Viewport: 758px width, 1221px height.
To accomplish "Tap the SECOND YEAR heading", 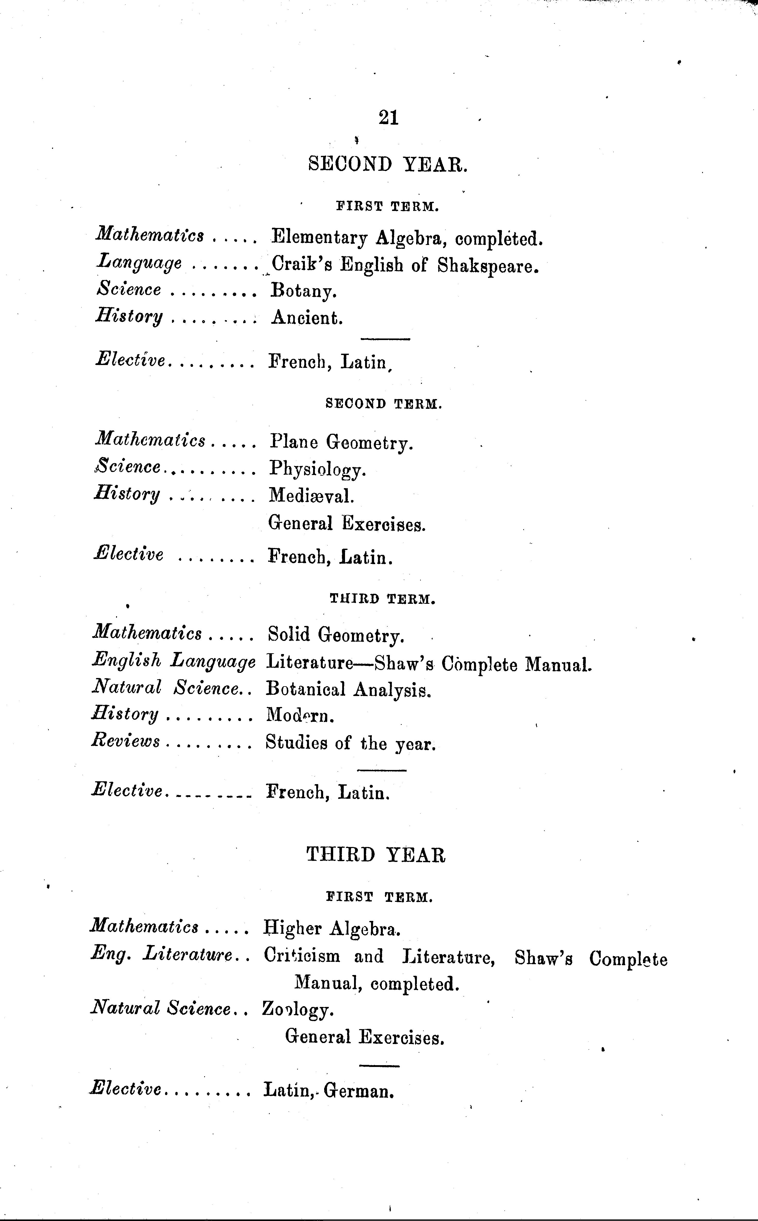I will click(x=387, y=164).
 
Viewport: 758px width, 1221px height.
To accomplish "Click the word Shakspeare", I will click(x=488, y=265).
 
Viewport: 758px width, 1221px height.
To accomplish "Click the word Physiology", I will click(x=318, y=469).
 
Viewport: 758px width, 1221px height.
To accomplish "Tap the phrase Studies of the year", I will click(x=350, y=743).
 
